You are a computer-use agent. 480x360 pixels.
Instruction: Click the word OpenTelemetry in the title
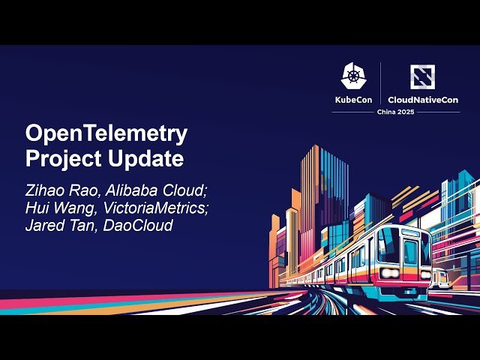point(106,134)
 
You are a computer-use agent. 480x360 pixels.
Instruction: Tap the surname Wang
point(73,207)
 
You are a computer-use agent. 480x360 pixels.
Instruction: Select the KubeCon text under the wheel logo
point(354,99)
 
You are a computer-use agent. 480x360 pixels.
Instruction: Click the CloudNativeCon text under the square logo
point(423,99)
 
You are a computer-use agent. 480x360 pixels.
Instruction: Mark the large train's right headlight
point(425,272)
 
